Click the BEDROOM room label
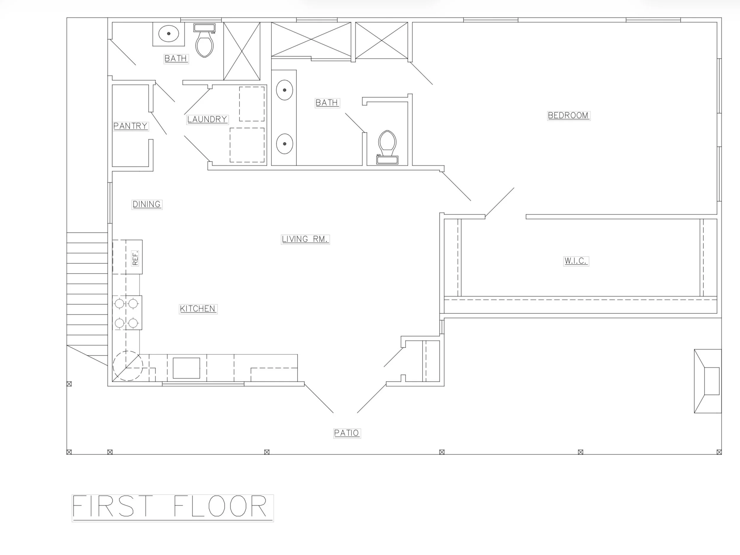point(568,116)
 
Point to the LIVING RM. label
point(305,239)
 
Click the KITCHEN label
point(198,309)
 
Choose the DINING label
point(147,204)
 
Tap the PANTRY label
point(131,126)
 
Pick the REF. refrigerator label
point(135,258)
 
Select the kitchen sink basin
point(186,368)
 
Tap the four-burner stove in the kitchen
point(127,313)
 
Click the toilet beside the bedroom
point(387,147)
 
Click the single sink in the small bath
point(169,33)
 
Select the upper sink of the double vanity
point(284,90)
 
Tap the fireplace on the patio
point(707,381)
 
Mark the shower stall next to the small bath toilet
point(242,51)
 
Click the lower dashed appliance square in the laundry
point(247,145)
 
